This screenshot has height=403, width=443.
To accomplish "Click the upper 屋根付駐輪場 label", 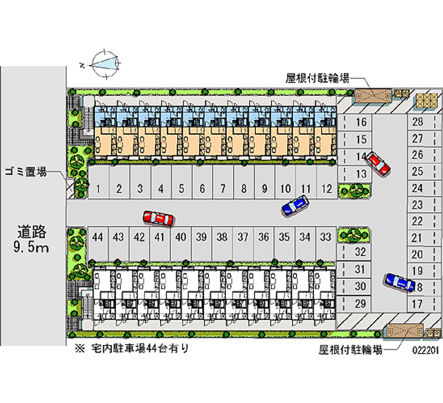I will click(x=317, y=78).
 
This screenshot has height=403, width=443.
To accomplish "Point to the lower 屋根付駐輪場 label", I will click(x=351, y=349).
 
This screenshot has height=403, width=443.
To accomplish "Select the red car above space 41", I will click(x=158, y=218).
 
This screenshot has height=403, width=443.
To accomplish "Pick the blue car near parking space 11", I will click(x=295, y=205).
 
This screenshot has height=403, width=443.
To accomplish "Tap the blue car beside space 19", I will click(x=399, y=282).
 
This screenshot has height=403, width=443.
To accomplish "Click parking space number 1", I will click(x=98, y=189).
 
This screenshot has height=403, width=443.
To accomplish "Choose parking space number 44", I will click(x=98, y=237).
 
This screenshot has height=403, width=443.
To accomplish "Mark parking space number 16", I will click(x=361, y=123).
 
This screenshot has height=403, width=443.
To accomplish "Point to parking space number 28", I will click(x=418, y=123).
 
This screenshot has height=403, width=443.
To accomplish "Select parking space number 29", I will click(x=360, y=303).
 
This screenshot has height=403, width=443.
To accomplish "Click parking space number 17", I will click(x=418, y=304).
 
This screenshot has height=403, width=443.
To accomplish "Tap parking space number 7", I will click(x=223, y=189).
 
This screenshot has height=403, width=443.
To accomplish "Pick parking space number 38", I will click(x=222, y=237).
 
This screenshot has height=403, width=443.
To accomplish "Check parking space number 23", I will click(x=418, y=205).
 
